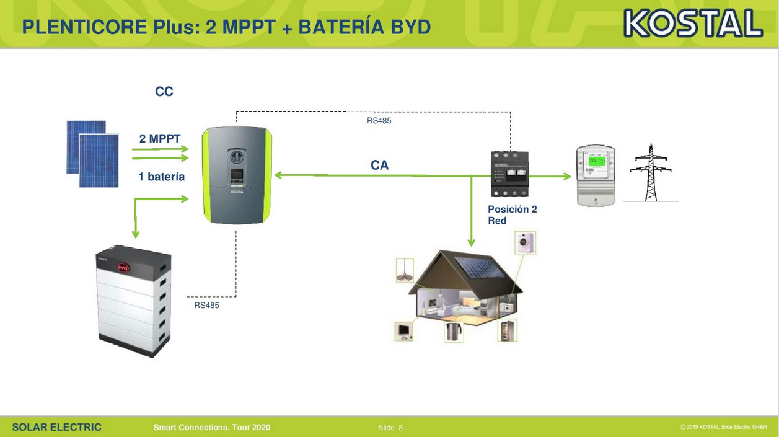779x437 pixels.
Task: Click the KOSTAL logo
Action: [693, 24]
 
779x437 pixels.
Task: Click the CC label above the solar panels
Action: [164, 92]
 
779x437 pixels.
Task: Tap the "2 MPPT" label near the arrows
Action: [160, 139]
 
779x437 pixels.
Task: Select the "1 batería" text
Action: [162, 177]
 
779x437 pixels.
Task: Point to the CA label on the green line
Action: [380, 166]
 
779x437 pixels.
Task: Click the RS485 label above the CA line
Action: [379, 121]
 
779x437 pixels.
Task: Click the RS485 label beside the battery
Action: [206, 306]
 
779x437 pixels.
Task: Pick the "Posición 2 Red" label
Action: [512, 215]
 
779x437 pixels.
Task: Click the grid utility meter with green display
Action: [595, 176]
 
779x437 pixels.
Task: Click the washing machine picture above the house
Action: [525, 242]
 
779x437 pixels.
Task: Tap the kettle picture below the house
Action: [454, 331]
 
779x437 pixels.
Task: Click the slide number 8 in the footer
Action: [400, 428]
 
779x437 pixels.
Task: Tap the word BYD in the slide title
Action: [410, 27]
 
